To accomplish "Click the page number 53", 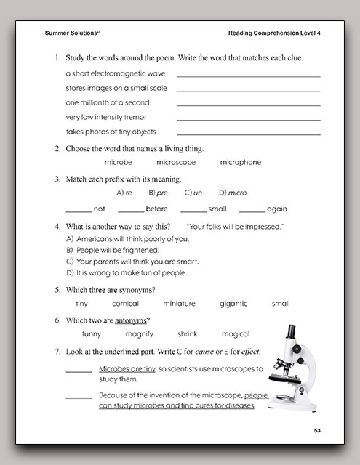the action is (317, 432).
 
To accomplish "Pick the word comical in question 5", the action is (125, 304).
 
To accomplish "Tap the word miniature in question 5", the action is (179, 304).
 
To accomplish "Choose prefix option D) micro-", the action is (233, 193).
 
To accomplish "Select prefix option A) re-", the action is (125, 193).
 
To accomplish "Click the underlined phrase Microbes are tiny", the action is (127, 368).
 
